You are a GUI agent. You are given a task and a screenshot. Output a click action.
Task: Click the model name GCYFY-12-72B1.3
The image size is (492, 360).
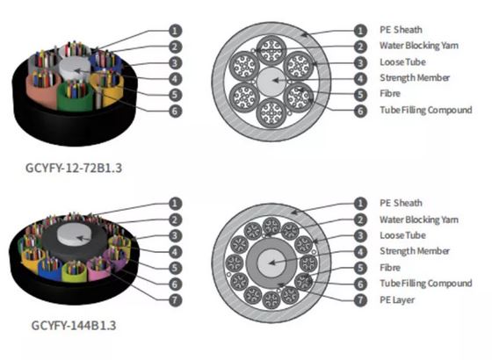74,168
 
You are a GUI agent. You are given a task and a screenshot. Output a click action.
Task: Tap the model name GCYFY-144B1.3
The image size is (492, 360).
74,325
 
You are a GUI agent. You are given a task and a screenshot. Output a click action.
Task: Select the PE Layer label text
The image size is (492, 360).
397,300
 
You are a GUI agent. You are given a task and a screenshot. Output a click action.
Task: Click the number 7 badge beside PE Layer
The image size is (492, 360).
360,300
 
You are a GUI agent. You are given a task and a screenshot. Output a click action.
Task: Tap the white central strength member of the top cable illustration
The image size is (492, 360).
75,68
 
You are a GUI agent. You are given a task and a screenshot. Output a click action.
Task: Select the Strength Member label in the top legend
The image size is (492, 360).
415,78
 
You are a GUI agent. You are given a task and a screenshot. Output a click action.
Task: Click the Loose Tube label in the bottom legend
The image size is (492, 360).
402,235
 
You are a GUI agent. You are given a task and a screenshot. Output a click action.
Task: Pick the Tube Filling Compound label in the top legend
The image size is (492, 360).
426,110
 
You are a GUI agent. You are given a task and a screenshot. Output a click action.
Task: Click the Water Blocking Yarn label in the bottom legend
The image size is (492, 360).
419,220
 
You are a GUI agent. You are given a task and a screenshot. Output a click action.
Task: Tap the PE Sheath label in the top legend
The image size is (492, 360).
401,30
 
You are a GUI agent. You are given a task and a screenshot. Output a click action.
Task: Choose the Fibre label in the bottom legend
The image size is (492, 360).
390,268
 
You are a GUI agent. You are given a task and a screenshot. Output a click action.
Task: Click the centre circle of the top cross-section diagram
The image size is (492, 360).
271,81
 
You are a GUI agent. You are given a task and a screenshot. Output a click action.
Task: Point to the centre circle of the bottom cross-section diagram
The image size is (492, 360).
271,263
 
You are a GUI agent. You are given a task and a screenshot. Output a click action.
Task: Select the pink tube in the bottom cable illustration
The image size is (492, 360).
98,269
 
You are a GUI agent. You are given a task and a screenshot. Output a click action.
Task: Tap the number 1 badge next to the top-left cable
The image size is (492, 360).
175,31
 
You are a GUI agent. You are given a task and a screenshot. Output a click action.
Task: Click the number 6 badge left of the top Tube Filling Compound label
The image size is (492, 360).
360,111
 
